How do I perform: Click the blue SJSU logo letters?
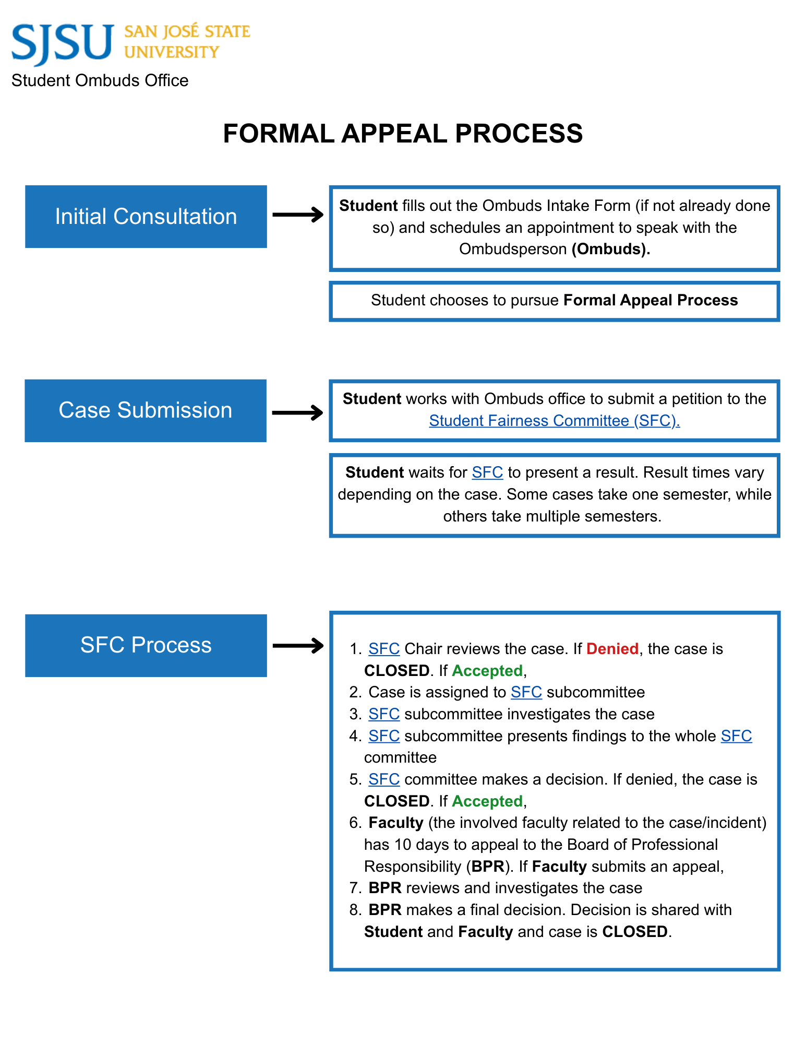(x=62, y=43)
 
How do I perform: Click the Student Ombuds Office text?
(x=100, y=80)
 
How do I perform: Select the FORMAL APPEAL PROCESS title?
(x=402, y=133)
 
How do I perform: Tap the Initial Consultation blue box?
(x=146, y=216)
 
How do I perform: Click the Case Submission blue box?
(x=146, y=410)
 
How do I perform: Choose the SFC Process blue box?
(x=146, y=645)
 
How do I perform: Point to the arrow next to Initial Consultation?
(x=298, y=215)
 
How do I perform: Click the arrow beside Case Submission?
(x=298, y=413)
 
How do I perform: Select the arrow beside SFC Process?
(x=298, y=646)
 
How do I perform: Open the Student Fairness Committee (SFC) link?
(x=554, y=421)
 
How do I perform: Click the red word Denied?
(x=612, y=649)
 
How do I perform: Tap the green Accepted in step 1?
(x=487, y=671)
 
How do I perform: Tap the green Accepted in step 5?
(x=487, y=801)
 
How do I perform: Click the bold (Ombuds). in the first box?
(x=610, y=249)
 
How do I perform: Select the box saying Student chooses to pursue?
(x=554, y=301)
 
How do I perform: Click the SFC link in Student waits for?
(x=487, y=472)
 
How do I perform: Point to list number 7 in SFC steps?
(x=355, y=888)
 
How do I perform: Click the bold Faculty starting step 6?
(x=395, y=823)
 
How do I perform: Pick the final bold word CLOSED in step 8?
(x=634, y=932)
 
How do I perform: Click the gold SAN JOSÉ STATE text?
(x=187, y=31)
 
